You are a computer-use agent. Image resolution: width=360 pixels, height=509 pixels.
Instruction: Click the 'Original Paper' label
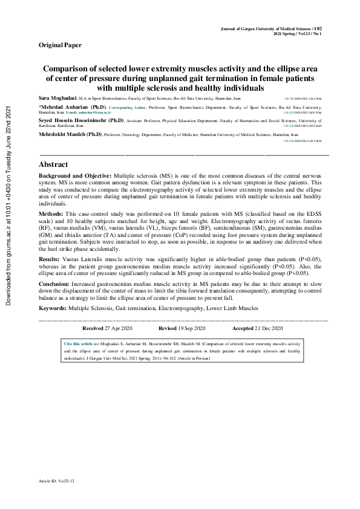coord(60,45)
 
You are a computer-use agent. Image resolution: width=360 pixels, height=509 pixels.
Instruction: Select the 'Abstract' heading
coord(54,164)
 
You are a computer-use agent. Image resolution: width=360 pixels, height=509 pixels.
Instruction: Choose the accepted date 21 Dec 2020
coord(269,328)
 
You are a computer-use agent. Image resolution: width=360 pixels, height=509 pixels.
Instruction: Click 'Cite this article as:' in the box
coord(82,343)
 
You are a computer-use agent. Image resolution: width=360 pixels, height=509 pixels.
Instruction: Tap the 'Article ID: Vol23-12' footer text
coord(57,481)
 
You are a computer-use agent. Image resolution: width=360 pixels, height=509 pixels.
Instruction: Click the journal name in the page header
coord(266,28)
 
